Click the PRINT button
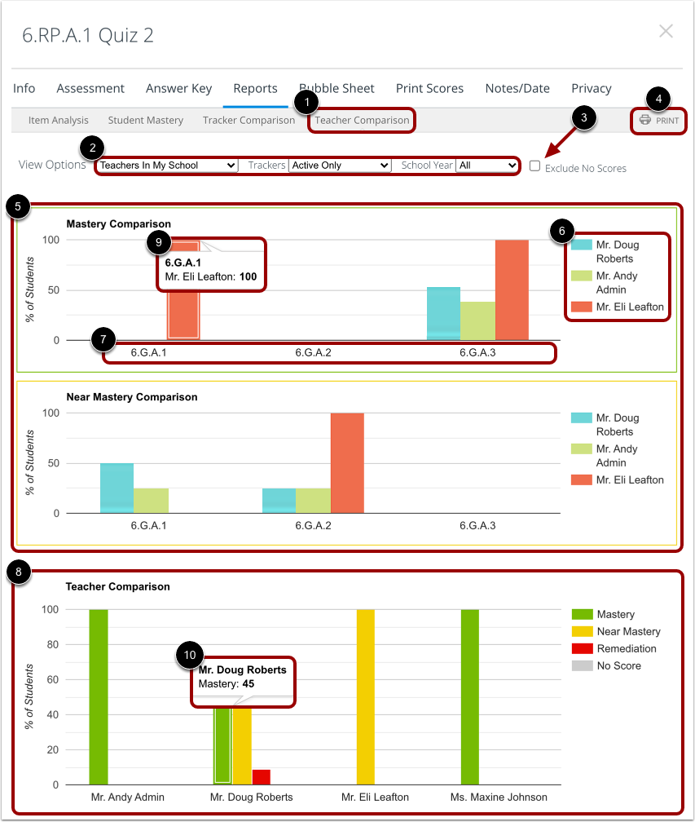click(659, 121)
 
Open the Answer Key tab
click(178, 88)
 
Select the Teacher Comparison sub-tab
click(362, 121)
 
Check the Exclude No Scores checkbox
click(535, 166)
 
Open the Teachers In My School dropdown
click(167, 166)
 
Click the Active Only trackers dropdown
click(340, 166)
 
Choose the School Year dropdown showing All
click(487, 166)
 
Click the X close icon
click(666, 32)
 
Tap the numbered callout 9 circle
click(159, 241)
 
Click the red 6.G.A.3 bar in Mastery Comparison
click(512, 289)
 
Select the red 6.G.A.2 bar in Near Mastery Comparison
click(347, 462)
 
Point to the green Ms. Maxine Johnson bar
click(470, 696)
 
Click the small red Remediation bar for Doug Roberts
click(261, 776)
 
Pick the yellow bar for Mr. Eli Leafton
click(366, 696)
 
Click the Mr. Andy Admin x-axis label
click(127, 797)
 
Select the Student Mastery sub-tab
click(145, 121)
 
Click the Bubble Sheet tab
click(337, 88)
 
